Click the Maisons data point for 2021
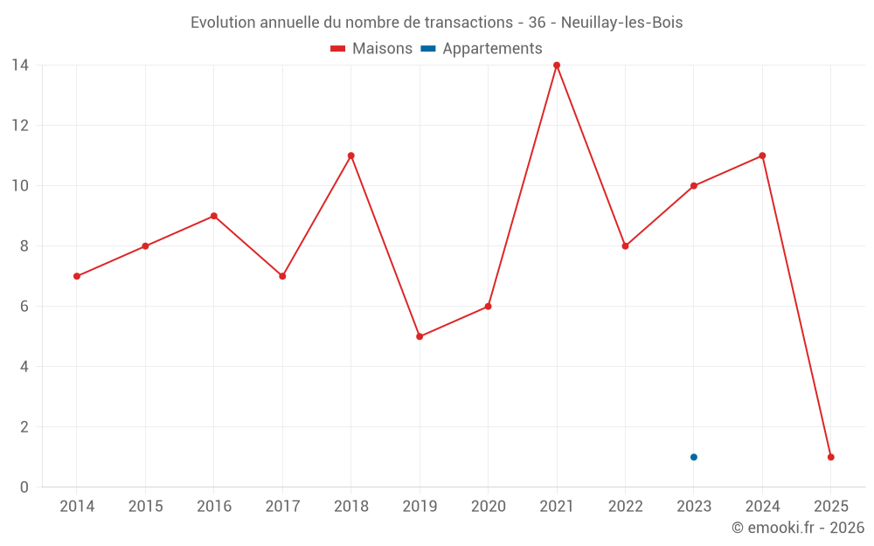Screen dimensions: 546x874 pyautogui.click(x=557, y=66)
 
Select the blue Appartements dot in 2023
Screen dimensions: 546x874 pyautogui.click(x=694, y=457)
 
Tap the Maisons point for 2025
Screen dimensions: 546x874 pyautogui.click(x=831, y=457)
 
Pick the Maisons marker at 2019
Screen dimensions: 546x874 pyautogui.click(x=420, y=336)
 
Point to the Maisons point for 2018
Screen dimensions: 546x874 pyautogui.click(x=351, y=156)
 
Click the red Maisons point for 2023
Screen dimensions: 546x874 pyautogui.click(x=694, y=186)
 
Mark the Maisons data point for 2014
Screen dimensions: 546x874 pyautogui.click(x=77, y=276)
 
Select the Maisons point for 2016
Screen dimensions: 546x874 pyautogui.click(x=214, y=216)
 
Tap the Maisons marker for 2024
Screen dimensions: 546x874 pyautogui.click(x=762, y=156)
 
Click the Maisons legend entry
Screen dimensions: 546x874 pyautogui.click(x=372, y=49)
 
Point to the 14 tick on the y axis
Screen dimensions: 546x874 pyautogui.click(x=19, y=66)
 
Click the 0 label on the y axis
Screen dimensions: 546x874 pyautogui.click(x=24, y=487)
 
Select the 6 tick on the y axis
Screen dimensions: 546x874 pyautogui.click(x=24, y=307)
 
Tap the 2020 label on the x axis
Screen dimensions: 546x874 pyautogui.click(x=488, y=507)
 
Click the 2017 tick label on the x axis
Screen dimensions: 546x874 pyautogui.click(x=282, y=507)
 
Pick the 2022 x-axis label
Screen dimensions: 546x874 pyautogui.click(x=625, y=507)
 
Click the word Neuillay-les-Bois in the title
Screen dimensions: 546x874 pyautogui.click(x=622, y=23)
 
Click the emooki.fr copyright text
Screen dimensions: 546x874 pyautogui.click(x=798, y=528)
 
